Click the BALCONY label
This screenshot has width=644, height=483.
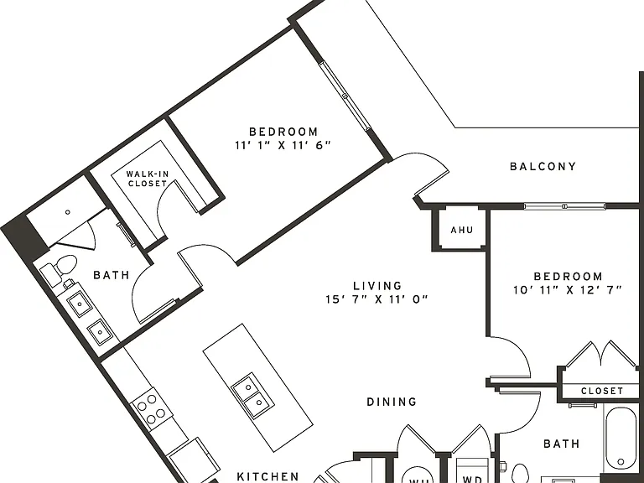pyautogui.click(x=543, y=166)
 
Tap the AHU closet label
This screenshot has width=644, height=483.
pyautogui.click(x=462, y=230)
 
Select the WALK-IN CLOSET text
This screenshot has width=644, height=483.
pyautogui.click(x=148, y=179)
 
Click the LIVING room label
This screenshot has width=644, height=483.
pyautogui.click(x=377, y=285)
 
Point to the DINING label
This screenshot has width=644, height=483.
pyautogui.click(x=392, y=402)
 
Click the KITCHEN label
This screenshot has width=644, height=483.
pyautogui.click(x=268, y=476)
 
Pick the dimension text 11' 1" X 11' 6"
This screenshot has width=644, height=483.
pyautogui.click(x=283, y=145)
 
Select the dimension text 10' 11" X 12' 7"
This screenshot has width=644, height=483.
pyautogui.click(x=568, y=290)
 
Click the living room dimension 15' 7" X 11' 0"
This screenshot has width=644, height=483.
pyautogui.click(x=377, y=299)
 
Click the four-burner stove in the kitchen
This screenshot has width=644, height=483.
pyautogui.click(x=151, y=408)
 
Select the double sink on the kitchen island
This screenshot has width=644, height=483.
pyautogui.click(x=252, y=396)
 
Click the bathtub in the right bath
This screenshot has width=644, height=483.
pyautogui.click(x=621, y=438)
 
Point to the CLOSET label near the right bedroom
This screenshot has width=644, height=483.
pyautogui.click(x=602, y=391)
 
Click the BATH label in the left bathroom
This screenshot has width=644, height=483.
pyautogui.click(x=112, y=275)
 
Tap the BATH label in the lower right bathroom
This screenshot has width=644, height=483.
pyautogui.click(x=562, y=444)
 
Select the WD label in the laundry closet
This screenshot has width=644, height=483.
pyautogui.click(x=472, y=479)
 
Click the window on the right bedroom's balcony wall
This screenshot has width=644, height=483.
pyautogui.click(x=564, y=205)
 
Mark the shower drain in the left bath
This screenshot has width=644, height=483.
pyautogui.click(x=68, y=212)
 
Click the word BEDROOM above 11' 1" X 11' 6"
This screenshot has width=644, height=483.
pyautogui.click(x=283, y=132)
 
